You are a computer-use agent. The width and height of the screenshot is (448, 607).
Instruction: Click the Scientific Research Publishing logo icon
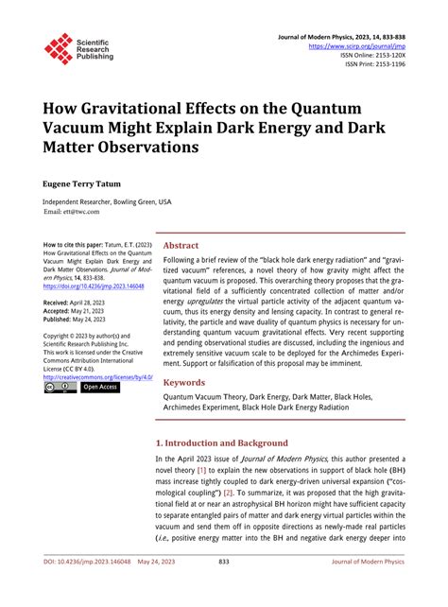58,48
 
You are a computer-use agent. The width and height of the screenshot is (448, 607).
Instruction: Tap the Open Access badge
100,387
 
